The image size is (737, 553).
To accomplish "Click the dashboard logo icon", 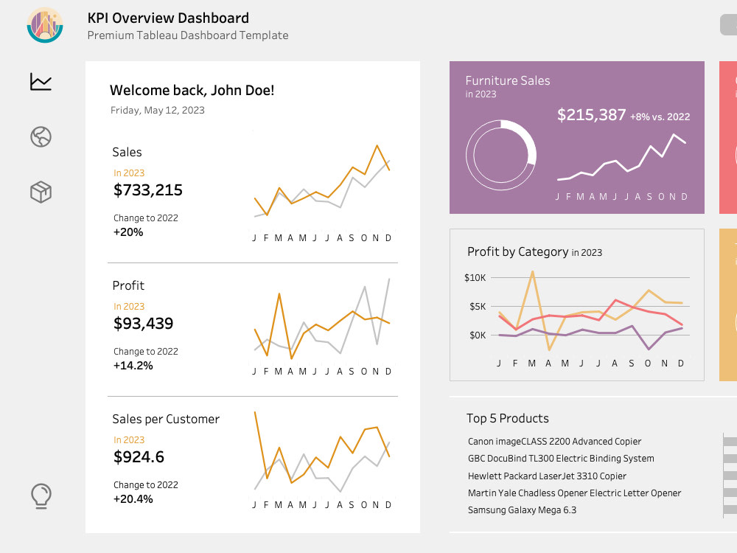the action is [45, 25].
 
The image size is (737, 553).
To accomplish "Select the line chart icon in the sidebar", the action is [41, 82].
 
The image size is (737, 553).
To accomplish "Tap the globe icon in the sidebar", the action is [41, 137].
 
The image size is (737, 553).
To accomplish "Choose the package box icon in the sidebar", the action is [41, 192].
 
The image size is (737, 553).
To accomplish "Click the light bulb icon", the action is [41, 496].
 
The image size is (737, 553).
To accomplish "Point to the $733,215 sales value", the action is [148, 190].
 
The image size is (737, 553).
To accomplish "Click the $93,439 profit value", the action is [144, 324].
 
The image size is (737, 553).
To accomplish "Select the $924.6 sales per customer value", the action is [139, 457].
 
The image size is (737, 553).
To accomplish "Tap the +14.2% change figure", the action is [133, 366].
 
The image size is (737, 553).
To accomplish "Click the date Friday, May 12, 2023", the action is [158, 110].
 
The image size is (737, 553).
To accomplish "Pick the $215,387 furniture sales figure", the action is [591, 115].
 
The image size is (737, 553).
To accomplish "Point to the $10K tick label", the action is [475, 277].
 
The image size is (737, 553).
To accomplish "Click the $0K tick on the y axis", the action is [478, 335].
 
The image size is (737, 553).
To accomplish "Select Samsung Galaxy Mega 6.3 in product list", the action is [523, 510].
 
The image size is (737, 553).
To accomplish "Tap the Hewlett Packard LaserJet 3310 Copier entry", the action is [547, 476].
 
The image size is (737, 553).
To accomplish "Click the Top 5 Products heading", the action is [508, 418].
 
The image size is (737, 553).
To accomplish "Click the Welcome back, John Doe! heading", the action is [192, 90].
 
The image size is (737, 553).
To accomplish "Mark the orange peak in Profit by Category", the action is [532, 271].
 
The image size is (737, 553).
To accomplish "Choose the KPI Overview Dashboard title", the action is [168, 18].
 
